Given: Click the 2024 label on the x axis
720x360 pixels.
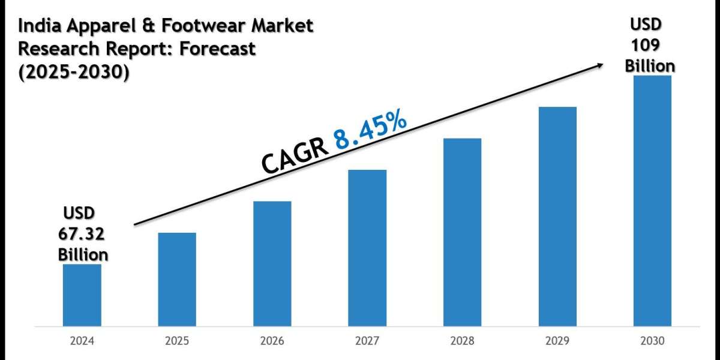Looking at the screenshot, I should tap(82, 341).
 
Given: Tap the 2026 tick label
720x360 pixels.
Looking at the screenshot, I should tap(272, 341).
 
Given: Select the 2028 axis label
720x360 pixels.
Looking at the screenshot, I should tap(462, 341).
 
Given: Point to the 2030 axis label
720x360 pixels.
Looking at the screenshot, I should tap(652, 341).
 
